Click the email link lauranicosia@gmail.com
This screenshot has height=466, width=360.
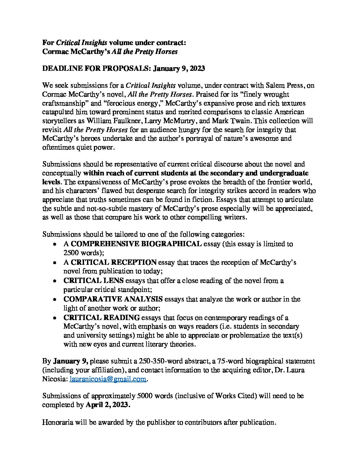coord(108,379)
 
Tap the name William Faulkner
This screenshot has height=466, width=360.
coord(109,120)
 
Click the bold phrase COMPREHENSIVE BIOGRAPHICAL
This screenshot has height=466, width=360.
coord(136,244)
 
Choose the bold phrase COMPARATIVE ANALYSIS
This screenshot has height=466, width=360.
coord(113,299)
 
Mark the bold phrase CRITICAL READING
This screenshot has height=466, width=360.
coord(102,318)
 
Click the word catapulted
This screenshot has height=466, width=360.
coord(58,112)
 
